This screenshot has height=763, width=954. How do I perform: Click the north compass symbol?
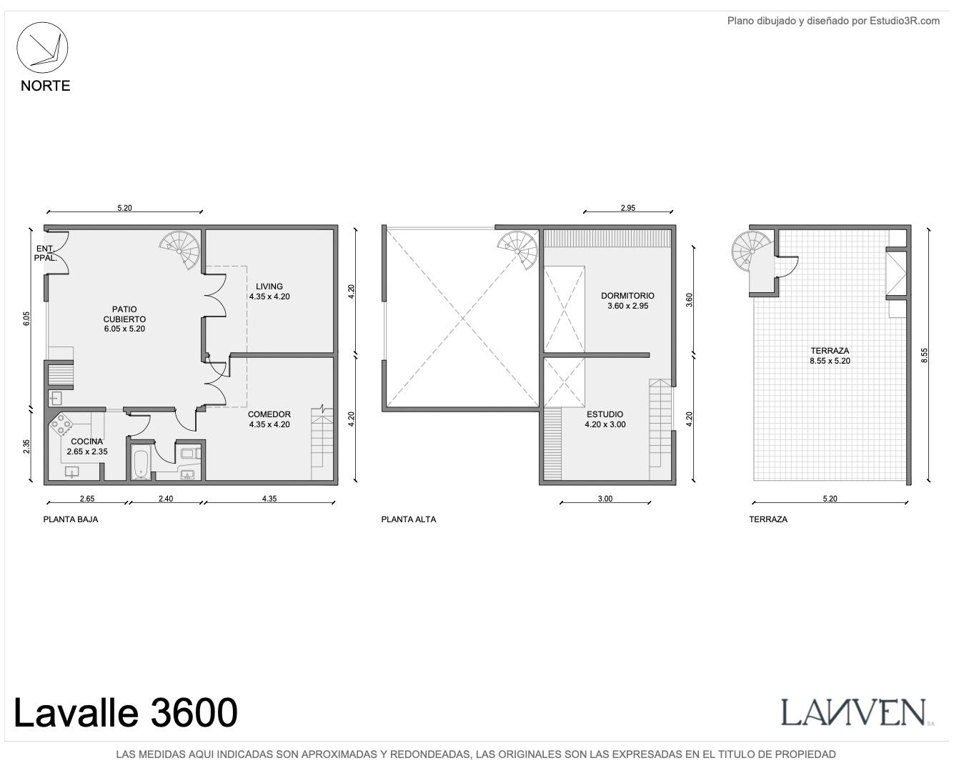coord(42,47)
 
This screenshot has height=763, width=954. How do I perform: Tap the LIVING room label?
coord(269,286)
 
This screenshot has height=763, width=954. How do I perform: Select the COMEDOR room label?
coord(269,414)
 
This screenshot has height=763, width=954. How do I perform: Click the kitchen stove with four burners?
coord(61,424)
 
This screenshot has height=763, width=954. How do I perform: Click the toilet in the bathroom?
coord(190,453)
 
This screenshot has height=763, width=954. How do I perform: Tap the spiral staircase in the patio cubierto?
coord(180,249)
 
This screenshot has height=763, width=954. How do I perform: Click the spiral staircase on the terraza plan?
coord(752,251)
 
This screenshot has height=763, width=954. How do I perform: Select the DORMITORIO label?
coord(627,295)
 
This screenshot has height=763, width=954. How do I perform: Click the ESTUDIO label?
coord(605,414)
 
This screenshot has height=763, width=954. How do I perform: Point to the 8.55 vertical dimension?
coord(924,355)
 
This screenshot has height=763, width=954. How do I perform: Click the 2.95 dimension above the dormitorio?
coord(627,207)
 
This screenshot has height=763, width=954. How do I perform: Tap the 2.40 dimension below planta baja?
coord(166,499)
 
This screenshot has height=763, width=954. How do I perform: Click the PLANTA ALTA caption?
coord(408,519)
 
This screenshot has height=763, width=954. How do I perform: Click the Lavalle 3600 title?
coord(126,712)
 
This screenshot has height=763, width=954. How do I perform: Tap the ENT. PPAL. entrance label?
coord(45,253)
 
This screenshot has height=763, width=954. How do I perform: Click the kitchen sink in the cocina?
coord(71,472)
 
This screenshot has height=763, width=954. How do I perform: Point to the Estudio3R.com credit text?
coord(833,21)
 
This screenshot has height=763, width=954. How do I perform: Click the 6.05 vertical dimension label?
coord(26,319)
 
